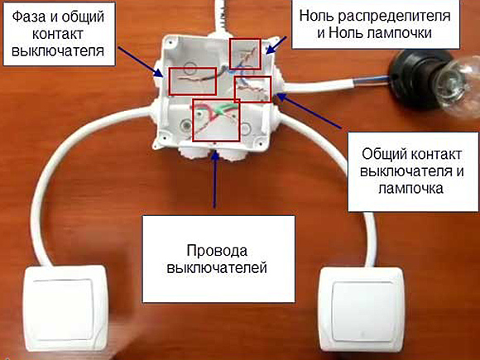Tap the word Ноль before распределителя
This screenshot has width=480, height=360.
(x=316, y=16)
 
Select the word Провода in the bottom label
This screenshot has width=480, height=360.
(x=217, y=251)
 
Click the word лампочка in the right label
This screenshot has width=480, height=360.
(x=410, y=189)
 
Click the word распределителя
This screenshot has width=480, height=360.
(x=394, y=17)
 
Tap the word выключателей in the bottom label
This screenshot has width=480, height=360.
(x=217, y=268)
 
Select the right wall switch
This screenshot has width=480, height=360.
(x=362, y=310)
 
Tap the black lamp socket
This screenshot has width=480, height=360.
(x=413, y=79)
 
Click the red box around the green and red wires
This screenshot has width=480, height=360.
(x=216, y=120)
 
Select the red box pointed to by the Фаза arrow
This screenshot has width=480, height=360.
(x=193, y=81)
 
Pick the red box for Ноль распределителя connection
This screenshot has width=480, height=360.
(x=245, y=54)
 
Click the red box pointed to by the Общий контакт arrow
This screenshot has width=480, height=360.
(x=252, y=89)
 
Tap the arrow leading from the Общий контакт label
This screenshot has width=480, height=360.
(x=309, y=111)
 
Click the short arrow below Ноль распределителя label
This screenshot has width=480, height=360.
(x=276, y=46)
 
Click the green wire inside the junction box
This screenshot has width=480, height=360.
(x=227, y=108)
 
